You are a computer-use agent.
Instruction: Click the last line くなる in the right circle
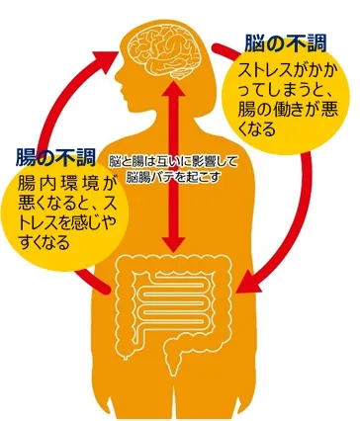pos(255,128)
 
